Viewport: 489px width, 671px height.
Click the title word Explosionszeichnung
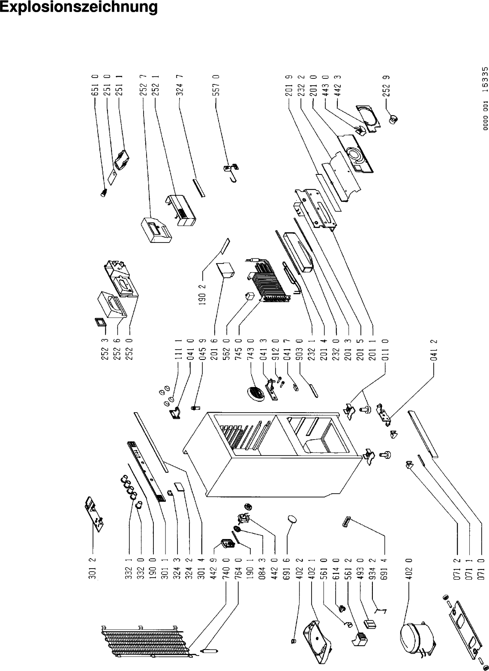point(79,8)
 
